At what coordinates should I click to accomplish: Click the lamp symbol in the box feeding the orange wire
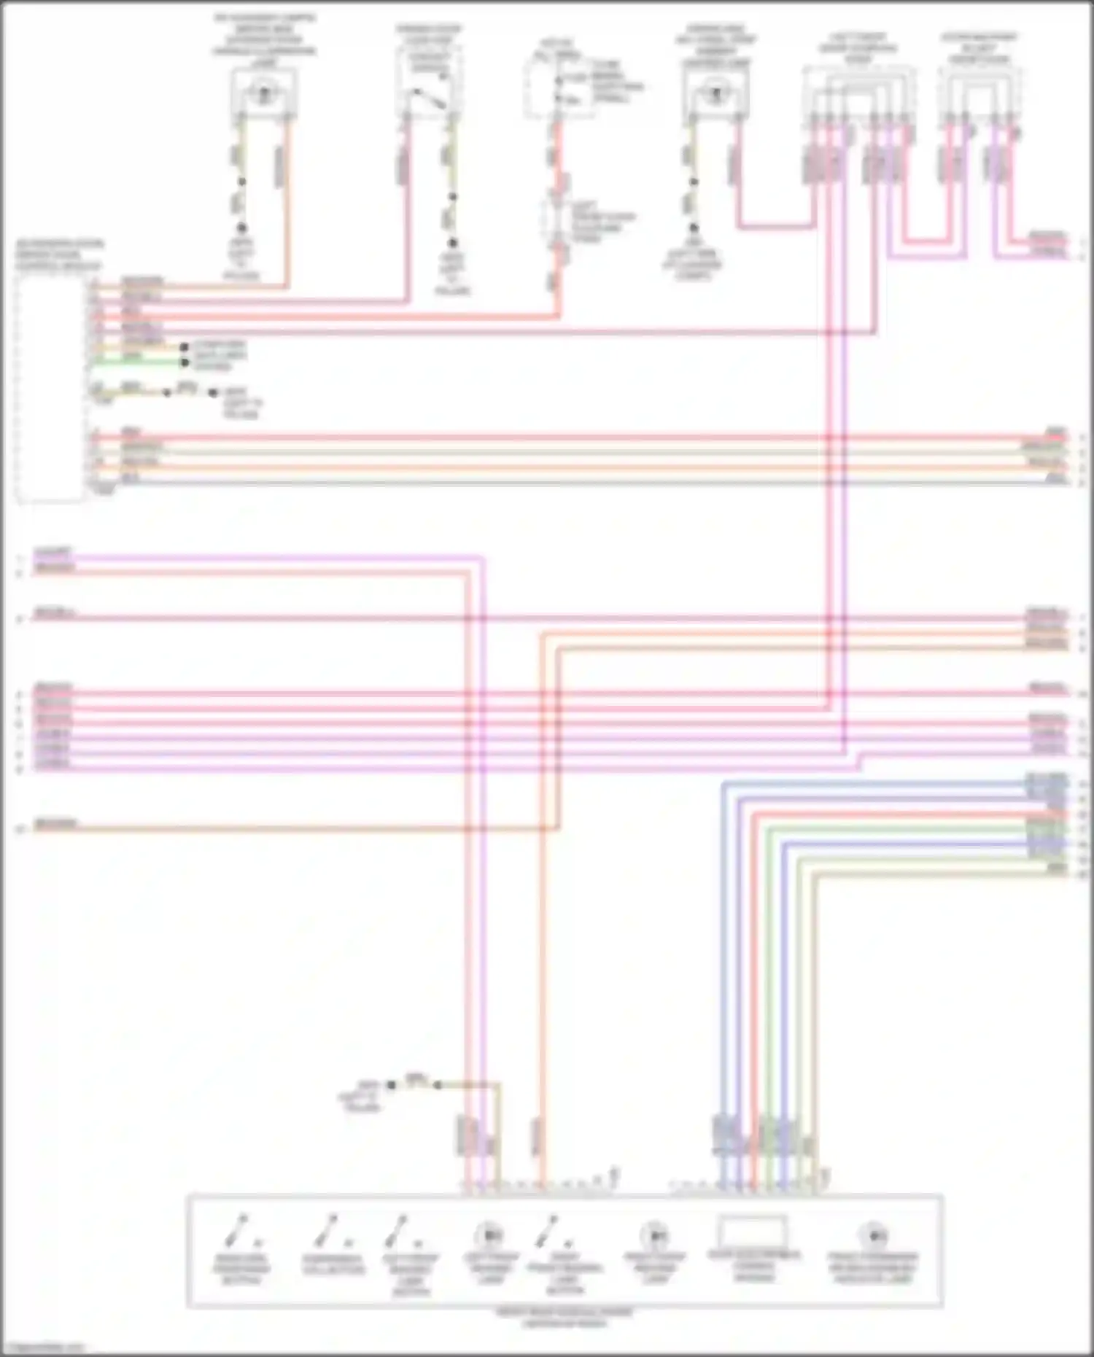(263, 93)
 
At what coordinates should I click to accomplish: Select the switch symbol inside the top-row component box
(429, 98)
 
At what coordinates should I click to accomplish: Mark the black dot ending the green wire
(185, 362)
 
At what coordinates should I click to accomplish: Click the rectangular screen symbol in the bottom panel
(753, 1233)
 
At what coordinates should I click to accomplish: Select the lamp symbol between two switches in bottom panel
(489, 1235)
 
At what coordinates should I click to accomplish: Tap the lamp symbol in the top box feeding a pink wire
(715, 93)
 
